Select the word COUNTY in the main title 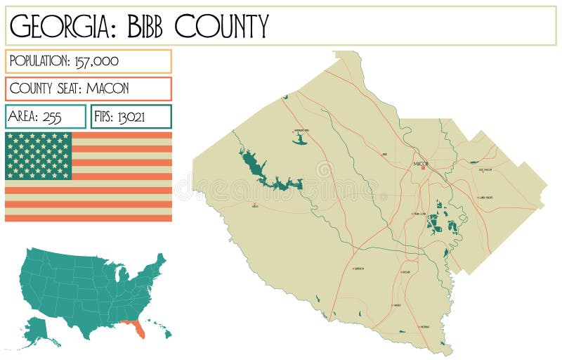221,27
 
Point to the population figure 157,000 96,61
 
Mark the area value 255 53,117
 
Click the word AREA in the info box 24,117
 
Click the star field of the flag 39,155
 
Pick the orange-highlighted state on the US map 135,328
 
